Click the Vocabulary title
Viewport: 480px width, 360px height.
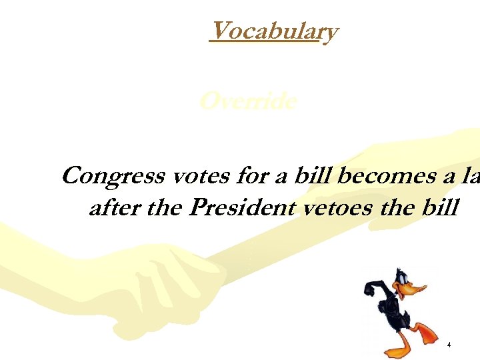273,31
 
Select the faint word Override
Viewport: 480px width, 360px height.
248,101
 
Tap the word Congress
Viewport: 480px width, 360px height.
114,176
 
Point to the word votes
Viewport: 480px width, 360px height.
198,177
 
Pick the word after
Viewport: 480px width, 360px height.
114,209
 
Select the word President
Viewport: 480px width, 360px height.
241,209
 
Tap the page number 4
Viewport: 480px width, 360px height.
449,345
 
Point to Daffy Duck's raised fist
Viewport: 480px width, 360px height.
370,289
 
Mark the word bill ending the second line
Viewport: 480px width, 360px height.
439,209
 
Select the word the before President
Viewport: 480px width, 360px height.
165,209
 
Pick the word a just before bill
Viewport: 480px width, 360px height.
282,177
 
